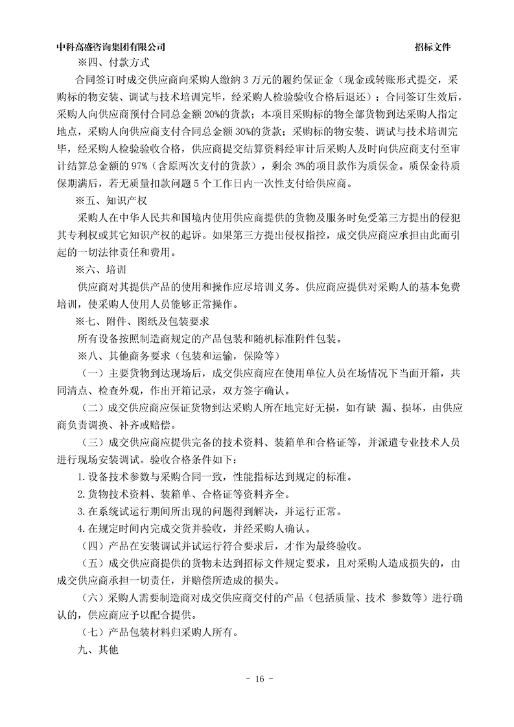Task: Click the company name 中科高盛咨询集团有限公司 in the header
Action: pos(111,47)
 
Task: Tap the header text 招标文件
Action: pos(433,47)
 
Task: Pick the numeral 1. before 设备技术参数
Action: pos(80,478)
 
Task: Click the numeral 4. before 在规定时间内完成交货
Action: pos(80,529)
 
